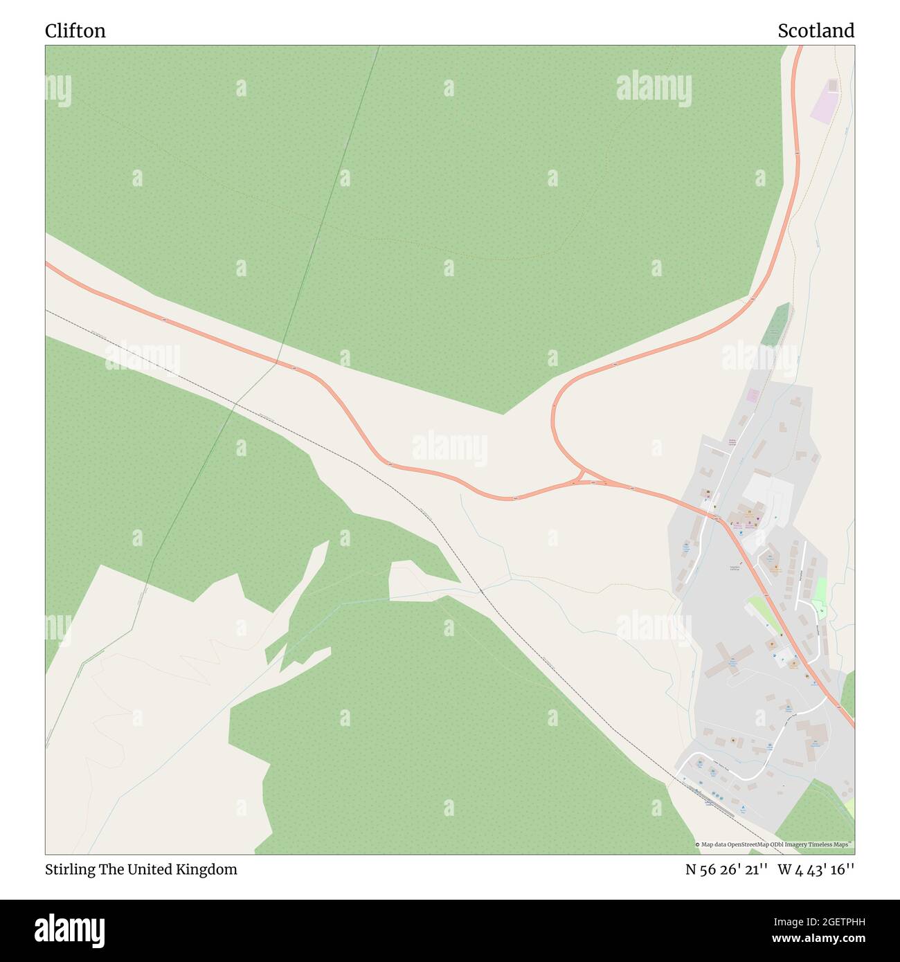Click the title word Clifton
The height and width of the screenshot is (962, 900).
(x=75, y=31)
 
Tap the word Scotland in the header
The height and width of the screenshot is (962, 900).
(x=816, y=31)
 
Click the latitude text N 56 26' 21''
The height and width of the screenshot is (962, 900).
(x=726, y=869)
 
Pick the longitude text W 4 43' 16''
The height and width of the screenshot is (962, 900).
(x=816, y=869)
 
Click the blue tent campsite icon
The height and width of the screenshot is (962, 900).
(x=744, y=808)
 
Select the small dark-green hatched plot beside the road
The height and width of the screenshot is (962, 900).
(x=776, y=325)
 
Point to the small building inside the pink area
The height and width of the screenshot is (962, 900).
(x=832, y=85)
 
